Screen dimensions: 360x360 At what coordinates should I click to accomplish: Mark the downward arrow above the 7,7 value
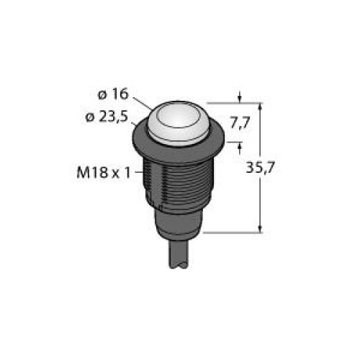pos(240,95)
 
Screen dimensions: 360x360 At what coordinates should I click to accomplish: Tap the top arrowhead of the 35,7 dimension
pos(258,107)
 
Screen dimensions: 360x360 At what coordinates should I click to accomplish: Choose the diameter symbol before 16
pos(102,94)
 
